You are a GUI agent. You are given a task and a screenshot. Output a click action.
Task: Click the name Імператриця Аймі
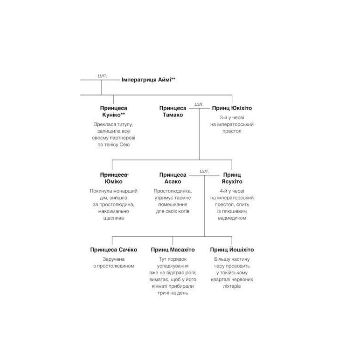click(x=146, y=80)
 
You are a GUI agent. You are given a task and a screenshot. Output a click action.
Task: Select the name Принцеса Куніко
click(x=113, y=111)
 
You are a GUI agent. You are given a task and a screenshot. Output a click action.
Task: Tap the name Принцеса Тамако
click(x=173, y=111)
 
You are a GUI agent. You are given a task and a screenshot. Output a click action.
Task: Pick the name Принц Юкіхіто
click(x=232, y=108)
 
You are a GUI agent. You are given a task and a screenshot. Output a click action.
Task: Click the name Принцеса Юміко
click(x=114, y=178)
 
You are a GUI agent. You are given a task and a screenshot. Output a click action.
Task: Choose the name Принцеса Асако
click(x=173, y=178)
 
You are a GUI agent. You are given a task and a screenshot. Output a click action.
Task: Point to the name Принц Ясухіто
click(x=232, y=178)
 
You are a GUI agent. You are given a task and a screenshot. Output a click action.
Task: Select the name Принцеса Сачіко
click(x=114, y=250)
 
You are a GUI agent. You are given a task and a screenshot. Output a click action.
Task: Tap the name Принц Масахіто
click(x=173, y=250)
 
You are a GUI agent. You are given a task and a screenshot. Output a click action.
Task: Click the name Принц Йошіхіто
click(x=232, y=249)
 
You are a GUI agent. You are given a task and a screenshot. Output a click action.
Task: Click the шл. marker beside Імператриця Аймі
click(x=102, y=76)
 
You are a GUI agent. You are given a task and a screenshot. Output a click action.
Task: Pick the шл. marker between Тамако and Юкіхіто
click(x=199, y=104)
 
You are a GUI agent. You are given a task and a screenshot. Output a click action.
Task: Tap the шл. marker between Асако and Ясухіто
click(x=204, y=171)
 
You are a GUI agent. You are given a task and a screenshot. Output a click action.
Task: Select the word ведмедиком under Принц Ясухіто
click(x=232, y=218)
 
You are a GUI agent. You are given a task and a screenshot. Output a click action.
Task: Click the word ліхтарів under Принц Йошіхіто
click(x=232, y=286)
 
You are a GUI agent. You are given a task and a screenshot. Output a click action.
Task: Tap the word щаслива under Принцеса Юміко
click(x=114, y=218)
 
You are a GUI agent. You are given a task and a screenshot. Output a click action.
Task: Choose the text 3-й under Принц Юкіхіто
click(x=224, y=118)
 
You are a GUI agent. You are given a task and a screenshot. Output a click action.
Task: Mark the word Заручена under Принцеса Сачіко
click(x=114, y=259)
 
